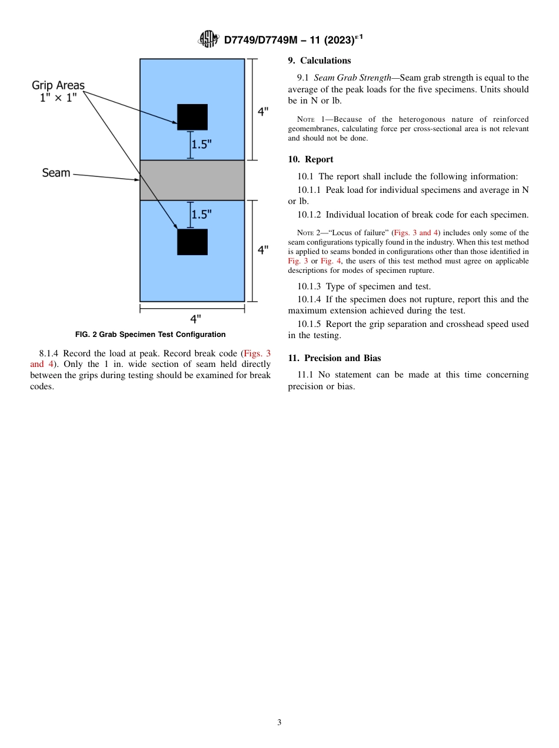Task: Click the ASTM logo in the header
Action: (209, 39)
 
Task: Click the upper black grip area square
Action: (192, 117)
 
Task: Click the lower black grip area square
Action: (192, 242)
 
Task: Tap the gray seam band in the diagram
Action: (192, 181)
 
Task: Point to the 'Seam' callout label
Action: (56, 173)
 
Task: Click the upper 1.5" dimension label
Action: (201, 144)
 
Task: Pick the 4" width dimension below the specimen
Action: (195, 319)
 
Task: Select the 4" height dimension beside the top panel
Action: (263, 111)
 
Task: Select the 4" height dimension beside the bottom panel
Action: (263, 250)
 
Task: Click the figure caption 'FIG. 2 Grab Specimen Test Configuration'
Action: (151, 335)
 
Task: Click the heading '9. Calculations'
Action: (319, 61)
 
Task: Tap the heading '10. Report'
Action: (310, 159)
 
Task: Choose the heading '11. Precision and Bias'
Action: (334, 358)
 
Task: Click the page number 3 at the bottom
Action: (279, 723)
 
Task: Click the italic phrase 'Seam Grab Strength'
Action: (352, 78)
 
